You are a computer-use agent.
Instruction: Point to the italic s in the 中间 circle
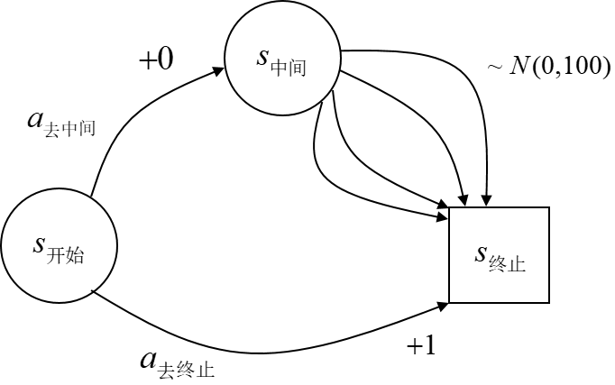pyautogui.click(x=262, y=58)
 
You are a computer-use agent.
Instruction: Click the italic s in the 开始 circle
pyautogui.click(x=39, y=243)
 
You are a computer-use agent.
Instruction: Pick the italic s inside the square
pyautogui.click(x=481, y=254)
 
